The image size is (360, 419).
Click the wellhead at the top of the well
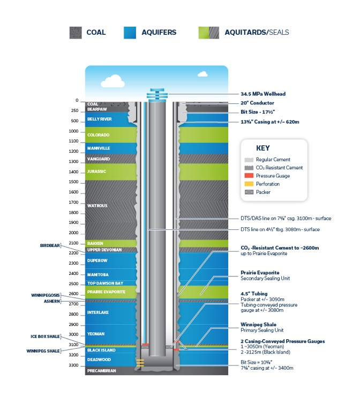(157, 94)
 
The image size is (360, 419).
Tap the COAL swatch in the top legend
(76, 32)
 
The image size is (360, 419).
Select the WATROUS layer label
(97, 205)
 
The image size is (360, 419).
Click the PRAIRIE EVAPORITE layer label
(106, 292)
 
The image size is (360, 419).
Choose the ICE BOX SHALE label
(48, 336)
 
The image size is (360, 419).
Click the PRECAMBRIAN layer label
(102, 371)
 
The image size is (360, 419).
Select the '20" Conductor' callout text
(258, 103)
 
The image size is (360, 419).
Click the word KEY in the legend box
(263, 148)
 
